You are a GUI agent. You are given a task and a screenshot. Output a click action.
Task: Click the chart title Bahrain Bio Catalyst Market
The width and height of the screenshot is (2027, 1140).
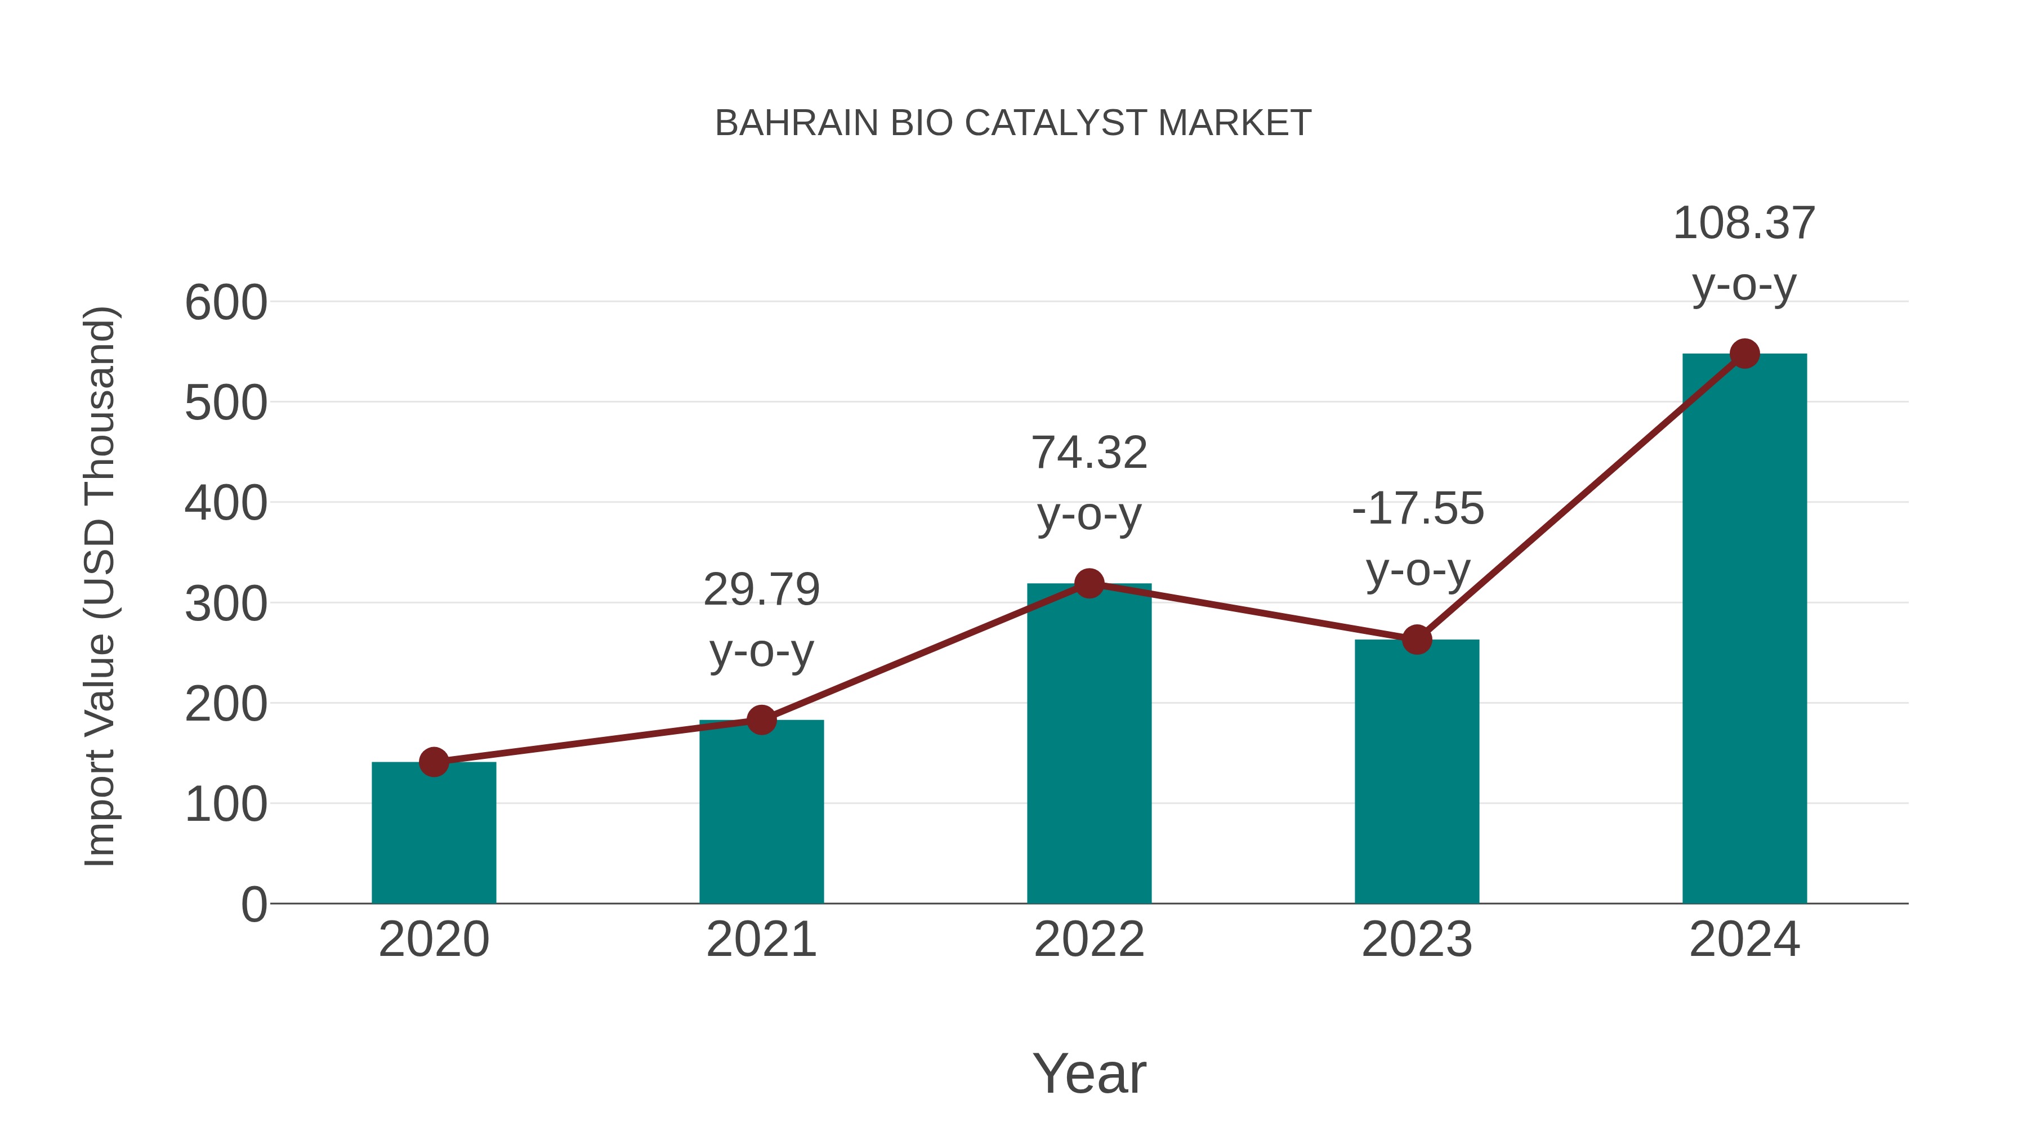point(1013,123)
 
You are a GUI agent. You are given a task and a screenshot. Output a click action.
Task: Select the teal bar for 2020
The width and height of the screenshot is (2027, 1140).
point(434,834)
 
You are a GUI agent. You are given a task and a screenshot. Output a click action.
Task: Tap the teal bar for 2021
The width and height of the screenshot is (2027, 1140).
point(761,814)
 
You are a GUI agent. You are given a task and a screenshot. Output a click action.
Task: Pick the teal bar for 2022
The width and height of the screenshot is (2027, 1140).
point(1088,748)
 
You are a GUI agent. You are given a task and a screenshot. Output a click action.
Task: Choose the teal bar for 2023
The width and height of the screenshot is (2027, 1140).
point(1417,775)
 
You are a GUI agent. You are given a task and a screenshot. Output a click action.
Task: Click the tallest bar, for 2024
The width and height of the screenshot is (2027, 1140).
point(1744,629)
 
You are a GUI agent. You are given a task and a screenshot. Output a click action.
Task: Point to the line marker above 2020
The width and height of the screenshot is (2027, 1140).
point(434,762)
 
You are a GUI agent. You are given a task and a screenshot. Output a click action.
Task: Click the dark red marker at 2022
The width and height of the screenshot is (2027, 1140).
point(1088,583)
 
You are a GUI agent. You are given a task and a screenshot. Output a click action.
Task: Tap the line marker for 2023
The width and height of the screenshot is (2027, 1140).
point(1417,640)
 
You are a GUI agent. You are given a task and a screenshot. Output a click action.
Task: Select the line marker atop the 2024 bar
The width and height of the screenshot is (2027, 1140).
point(1744,354)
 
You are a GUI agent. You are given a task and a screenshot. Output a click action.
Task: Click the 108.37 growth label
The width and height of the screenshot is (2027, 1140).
point(1744,223)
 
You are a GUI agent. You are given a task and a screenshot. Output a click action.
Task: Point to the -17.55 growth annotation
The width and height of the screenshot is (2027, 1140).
point(1418,509)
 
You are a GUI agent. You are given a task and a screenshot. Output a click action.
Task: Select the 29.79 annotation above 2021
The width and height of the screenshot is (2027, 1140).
point(761,590)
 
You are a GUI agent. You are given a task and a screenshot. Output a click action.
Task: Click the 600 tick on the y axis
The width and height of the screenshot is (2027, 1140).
point(226,303)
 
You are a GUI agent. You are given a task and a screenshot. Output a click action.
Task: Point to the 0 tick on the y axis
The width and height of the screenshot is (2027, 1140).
point(253,905)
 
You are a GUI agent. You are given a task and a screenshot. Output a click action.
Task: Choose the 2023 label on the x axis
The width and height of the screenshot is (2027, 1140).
point(1417,940)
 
